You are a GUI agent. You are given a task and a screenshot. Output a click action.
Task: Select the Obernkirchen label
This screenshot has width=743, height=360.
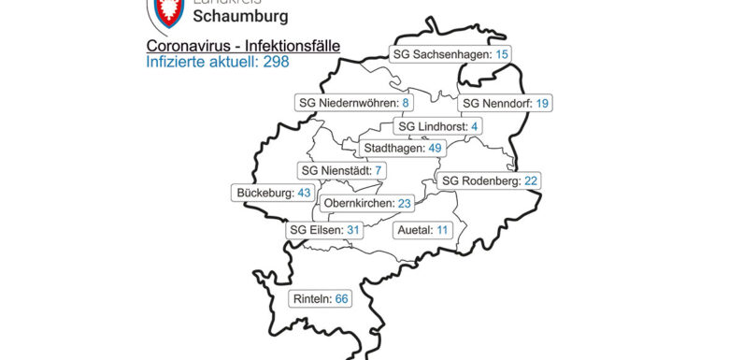coord(367,203)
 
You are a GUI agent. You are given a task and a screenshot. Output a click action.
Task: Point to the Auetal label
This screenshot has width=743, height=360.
coord(420,229)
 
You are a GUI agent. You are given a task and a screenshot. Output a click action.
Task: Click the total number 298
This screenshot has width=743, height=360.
coord(275,62)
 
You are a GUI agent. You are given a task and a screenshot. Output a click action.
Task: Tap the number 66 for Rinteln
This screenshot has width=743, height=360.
coord(341,298)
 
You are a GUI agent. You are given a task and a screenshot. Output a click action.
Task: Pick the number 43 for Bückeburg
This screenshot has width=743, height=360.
coord(303,193)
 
